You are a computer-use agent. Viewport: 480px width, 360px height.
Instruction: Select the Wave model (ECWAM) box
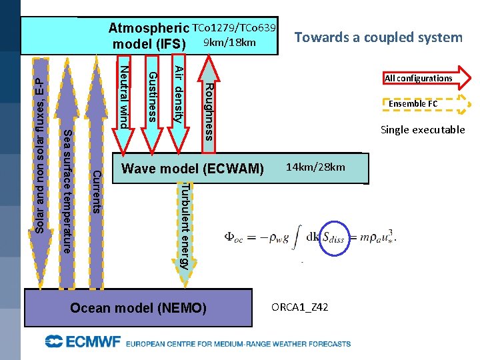coord(193,168)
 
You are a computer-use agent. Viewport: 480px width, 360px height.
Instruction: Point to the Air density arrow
coord(178,95)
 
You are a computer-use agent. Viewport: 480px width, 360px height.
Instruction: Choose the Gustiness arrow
coord(152,95)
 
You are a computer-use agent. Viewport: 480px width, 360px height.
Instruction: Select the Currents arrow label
coord(96,192)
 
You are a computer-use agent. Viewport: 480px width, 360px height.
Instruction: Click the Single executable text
coord(423,129)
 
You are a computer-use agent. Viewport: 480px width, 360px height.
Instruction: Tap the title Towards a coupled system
coord(378,37)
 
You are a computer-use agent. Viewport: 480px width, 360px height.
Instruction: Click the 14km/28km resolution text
coord(316,167)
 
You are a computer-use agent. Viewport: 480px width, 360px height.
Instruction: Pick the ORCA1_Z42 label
coord(299,307)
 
